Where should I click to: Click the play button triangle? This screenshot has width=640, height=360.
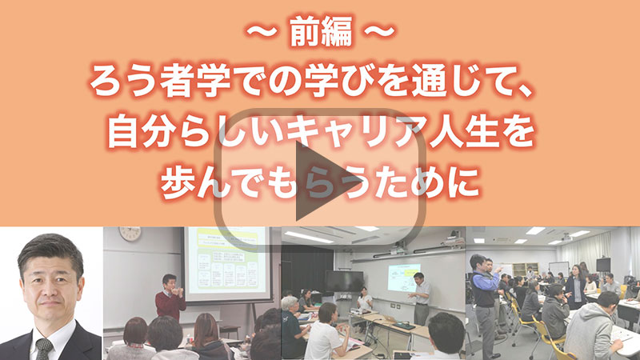[314, 181]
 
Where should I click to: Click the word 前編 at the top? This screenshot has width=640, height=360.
[322, 32]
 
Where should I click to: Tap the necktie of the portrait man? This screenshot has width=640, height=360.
[44, 349]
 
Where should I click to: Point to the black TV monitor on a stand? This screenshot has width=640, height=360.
[344, 282]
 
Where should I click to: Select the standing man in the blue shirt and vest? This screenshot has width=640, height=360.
[485, 302]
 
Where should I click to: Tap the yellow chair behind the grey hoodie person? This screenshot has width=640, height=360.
[548, 337]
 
